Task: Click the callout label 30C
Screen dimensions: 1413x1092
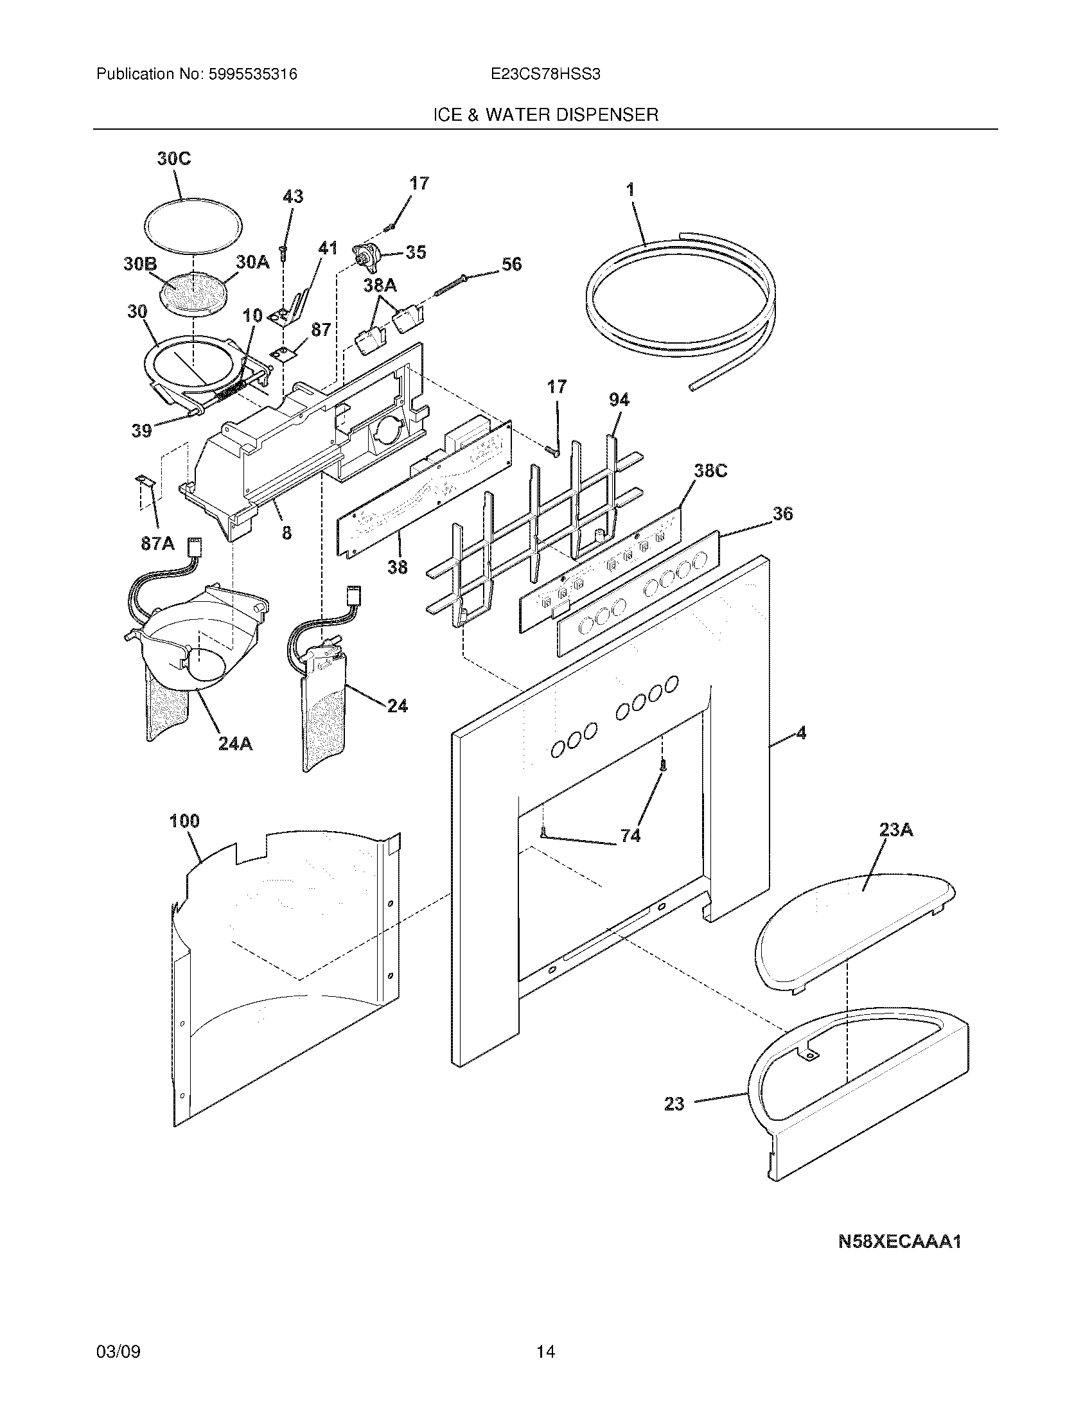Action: click(x=174, y=159)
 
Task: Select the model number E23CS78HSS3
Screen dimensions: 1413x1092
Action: click(x=545, y=75)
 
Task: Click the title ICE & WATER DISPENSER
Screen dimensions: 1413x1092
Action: click(x=545, y=115)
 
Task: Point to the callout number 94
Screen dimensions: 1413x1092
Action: click(x=619, y=400)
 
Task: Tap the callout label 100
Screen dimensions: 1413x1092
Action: click(x=184, y=821)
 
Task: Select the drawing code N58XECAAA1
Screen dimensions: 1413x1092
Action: click(x=899, y=1242)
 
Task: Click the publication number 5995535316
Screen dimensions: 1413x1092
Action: click(x=252, y=75)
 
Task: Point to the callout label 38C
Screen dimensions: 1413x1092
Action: click(x=710, y=471)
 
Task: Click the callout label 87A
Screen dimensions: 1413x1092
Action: click(x=158, y=543)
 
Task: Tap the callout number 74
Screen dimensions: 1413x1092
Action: click(x=630, y=836)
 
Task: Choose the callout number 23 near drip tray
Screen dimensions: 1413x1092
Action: click(x=674, y=1103)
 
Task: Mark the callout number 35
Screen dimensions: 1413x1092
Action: click(x=416, y=252)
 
